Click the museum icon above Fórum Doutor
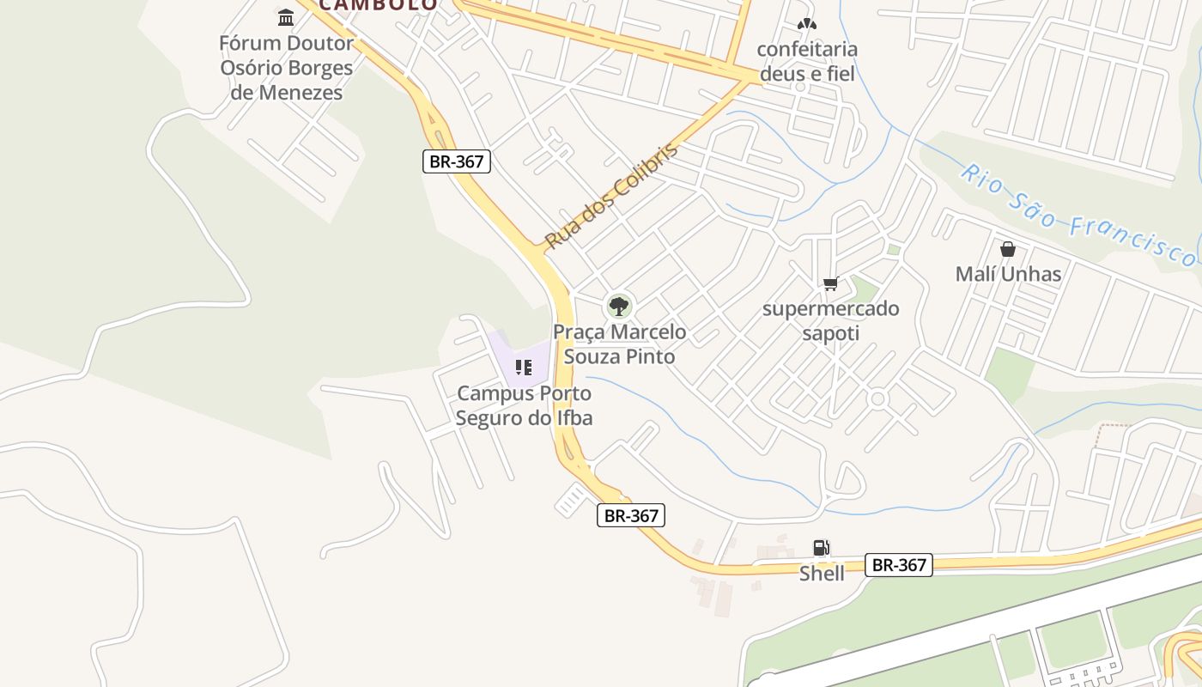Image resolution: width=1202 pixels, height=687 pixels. (286, 17)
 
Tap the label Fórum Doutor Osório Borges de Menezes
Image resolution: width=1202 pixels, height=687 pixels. (287, 68)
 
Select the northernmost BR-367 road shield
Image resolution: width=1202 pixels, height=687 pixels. (457, 161)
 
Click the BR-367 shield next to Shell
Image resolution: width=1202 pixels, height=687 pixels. (898, 564)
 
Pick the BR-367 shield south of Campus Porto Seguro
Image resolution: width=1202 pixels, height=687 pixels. (631, 515)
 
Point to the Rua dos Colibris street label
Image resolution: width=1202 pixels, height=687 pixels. (610, 197)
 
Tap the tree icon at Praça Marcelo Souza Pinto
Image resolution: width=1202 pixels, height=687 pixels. (618, 306)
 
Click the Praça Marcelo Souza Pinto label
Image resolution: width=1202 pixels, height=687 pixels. (619, 343)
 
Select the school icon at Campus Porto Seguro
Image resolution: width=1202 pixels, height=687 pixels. (524, 368)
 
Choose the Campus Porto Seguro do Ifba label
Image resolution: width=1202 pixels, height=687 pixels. (524, 405)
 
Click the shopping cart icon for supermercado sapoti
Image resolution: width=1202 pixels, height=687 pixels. (830, 283)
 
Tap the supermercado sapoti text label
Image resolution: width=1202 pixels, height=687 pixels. (830, 320)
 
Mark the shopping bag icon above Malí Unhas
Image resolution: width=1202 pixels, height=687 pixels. (1008, 249)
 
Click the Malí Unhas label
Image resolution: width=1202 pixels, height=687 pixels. (1008, 274)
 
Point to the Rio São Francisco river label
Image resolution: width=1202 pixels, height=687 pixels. (1077, 216)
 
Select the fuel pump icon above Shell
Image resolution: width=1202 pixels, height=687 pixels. (822, 548)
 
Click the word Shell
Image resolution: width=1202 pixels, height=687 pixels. (822, 573)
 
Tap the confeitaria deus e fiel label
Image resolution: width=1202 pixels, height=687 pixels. (807, 61)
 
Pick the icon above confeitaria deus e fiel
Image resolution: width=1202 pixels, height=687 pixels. (806, 24)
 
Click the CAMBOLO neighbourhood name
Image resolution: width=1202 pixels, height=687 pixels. (379, 4)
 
